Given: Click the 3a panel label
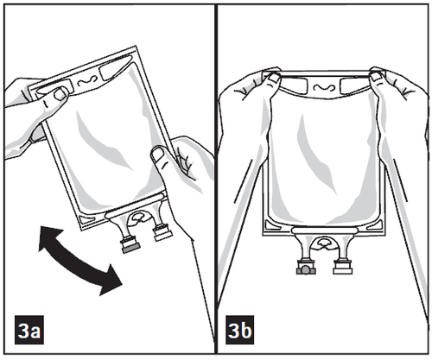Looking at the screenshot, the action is [29, 330].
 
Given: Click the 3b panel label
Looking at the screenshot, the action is [239, 330].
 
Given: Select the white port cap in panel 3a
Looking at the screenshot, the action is [163, 236].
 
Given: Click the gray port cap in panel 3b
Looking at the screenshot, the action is [306, 270].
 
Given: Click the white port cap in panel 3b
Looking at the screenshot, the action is [343, 270].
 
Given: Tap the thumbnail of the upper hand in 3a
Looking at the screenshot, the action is [60, 94].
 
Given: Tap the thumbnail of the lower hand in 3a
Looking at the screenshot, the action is [157, 155].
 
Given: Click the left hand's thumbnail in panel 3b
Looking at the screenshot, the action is [275, 78].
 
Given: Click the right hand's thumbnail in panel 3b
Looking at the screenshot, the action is [376, 77].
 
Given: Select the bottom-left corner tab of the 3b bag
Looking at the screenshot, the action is [273, 224].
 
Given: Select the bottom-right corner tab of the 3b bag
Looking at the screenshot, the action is [375, 224].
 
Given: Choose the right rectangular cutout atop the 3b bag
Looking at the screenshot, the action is [353, 85].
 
